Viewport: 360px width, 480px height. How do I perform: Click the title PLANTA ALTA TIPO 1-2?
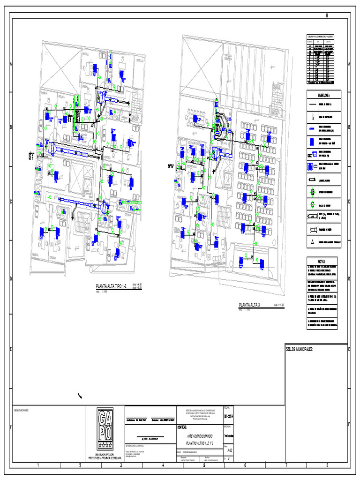coord(112,286)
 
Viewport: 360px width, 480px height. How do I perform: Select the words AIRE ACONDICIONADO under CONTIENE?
coord(200,435)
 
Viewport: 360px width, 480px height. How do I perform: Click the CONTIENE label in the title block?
coord(182,427)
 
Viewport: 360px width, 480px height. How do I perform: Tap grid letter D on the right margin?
coord(350,279)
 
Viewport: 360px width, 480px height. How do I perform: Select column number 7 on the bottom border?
coord(286,465)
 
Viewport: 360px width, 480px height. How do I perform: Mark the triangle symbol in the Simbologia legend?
coord(312,242)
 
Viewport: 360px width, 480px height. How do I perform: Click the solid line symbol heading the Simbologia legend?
coord(312,105)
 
